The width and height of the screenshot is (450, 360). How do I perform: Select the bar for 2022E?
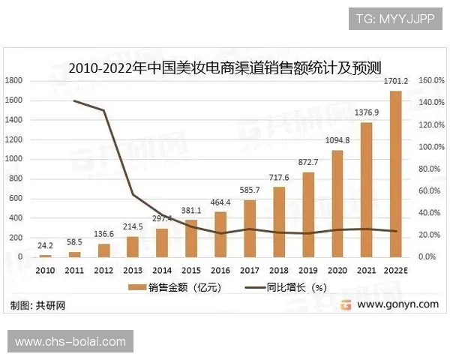click(395, 174)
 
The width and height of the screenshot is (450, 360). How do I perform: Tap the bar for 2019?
click(308, 214)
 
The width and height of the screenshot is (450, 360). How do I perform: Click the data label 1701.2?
click(394, 80)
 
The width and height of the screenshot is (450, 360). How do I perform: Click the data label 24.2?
click(46, 244)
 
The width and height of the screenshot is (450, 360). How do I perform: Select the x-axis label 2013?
click(133, 269)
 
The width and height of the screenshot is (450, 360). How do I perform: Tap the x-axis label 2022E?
click(395, 269)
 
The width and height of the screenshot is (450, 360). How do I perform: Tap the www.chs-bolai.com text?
click(70, 342)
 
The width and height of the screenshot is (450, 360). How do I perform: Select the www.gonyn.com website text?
click(397, 304)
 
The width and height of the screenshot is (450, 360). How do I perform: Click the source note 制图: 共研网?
click(38, 305)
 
